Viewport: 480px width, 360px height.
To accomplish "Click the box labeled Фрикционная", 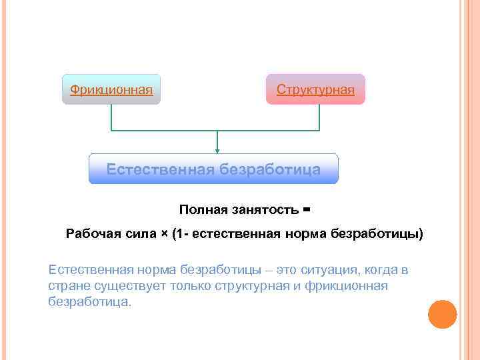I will (x=111, y=89).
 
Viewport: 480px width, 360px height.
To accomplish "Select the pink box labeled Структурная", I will (x=315, y=89).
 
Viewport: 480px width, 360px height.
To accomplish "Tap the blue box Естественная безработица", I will (x=213, y=169).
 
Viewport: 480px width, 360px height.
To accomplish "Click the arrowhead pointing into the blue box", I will (x=217, y=151).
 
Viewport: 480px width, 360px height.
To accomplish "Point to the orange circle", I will (x=442, y=314).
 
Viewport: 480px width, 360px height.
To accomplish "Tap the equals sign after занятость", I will (x=307, y=210).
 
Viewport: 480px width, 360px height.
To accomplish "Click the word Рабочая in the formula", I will (x=93, y=234).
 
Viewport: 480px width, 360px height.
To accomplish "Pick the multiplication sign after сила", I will (x=164, y=234).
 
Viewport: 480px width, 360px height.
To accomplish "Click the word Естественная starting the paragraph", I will (x=91, y=270).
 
